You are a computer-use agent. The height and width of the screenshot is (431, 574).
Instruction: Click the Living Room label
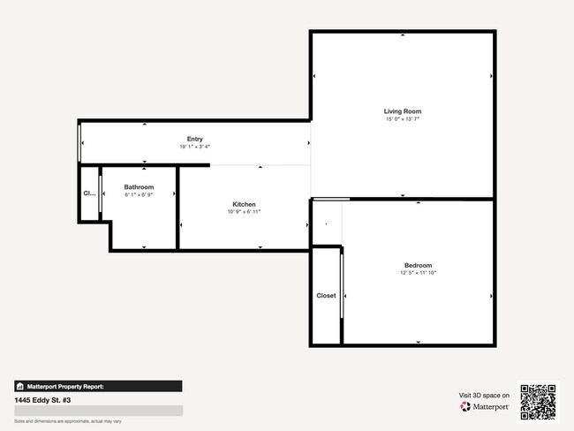[403, 111]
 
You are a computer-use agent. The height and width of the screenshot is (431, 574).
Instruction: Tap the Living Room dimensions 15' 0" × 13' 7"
[403, 119]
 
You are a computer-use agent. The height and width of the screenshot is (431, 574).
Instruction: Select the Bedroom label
[418, 266]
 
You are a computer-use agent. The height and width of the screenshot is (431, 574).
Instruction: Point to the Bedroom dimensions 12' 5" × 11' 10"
[418, 274]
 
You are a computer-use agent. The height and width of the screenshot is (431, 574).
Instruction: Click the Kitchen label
[244, 204]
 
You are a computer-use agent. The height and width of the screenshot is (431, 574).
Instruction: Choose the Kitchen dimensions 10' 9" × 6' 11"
[244, 212]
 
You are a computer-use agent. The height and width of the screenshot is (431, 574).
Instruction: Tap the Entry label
[195, 139]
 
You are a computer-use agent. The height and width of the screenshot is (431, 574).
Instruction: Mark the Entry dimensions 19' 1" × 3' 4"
[195, 147]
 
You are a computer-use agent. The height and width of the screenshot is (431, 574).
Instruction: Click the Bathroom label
[139, 186]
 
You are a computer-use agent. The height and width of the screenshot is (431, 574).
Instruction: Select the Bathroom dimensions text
[139, 194]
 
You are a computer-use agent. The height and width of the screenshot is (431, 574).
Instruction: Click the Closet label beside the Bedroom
[326, 296]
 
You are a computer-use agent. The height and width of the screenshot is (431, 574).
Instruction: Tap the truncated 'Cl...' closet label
[88, 193]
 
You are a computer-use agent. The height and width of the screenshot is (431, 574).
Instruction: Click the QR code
[538, 402]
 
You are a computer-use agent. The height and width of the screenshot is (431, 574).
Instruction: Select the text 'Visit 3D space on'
[484, 395]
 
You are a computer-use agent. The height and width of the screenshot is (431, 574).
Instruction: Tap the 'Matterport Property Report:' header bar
[97, 386]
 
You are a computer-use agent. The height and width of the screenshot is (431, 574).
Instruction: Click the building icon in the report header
[19, 386]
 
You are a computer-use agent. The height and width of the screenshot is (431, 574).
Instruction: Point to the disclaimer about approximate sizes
[67, 422]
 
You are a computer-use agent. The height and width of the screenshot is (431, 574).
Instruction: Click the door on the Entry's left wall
[80, 142]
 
